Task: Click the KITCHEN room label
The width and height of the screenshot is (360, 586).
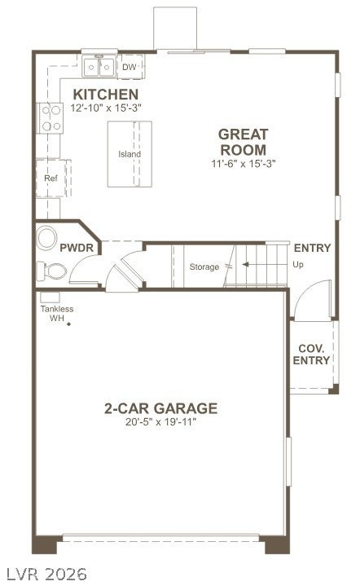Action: pyautogui.click(x=106, y=95)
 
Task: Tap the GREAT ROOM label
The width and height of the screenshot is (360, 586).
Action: pyautogui.click(x=243, y=142)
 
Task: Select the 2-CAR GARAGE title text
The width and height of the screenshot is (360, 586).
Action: pyautogui.click(x=160, y=408)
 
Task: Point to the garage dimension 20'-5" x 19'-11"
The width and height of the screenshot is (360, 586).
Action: pyautogui.click(x=160, y=422)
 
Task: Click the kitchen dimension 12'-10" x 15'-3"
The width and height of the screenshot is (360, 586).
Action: pyautogui.click(x=106, y=108)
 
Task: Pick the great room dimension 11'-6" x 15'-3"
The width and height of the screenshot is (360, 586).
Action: pyautogui.click(x=243, y=163)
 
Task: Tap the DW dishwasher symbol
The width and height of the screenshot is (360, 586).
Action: pyautogui.click(x=130, y=67)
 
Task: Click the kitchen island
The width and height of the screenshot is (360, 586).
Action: pyautogui.click(x=130, y=154)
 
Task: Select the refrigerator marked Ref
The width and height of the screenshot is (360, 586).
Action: pyautogui.click(x=53, y=178)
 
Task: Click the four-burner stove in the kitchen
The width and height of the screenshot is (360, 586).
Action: pyautogui.click(x=50, y=117)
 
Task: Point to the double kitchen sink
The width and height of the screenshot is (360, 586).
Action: pyautogui.click(x=99, y=67)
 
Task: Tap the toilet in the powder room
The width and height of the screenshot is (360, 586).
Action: pyautogui.click(x=51, y=271)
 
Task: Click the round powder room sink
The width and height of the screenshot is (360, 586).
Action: pyautogui.click(x=46, y=238)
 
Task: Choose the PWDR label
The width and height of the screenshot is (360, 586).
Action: pyautogui.click(x=77, y=248)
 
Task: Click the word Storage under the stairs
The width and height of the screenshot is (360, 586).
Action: pyautogui.click(x=204, y=267)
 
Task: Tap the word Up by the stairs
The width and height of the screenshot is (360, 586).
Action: pyautogui.click(x=298, y=265)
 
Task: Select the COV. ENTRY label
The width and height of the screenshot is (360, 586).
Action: pyautogui.click(x=311, y=355)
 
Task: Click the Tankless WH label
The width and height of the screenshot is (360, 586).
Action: pyautogui.click(x=57, y=314)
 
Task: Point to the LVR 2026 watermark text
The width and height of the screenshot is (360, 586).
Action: pyautogui.click(x=46, y=574)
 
